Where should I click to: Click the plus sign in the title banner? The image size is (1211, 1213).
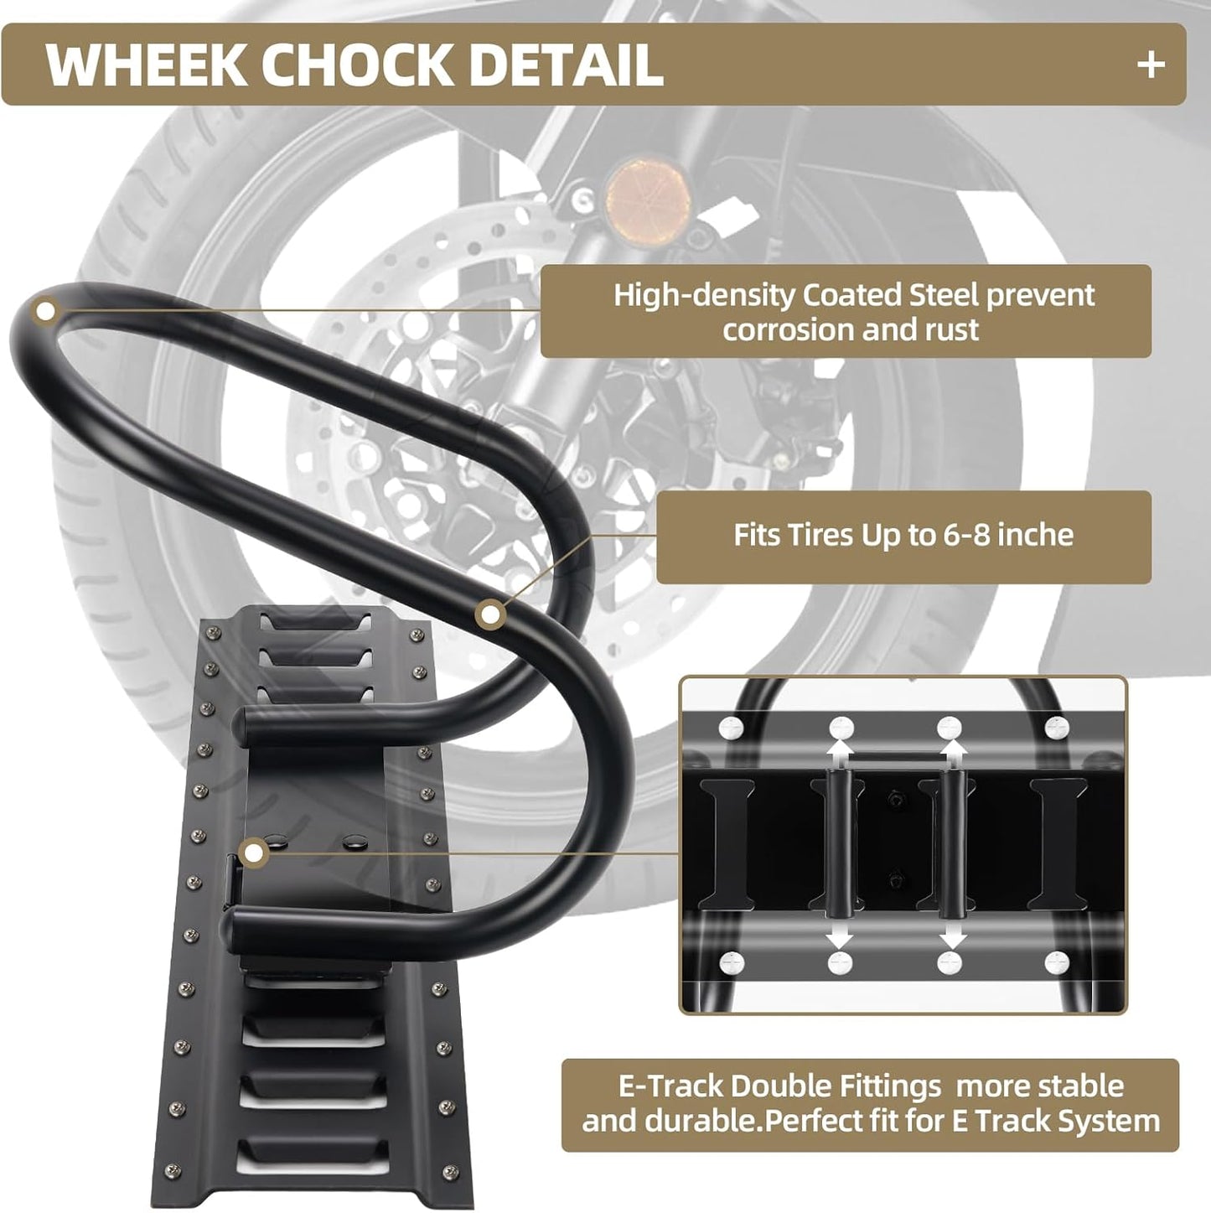click(1151, 65)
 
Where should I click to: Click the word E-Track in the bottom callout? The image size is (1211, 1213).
click(670, 1086)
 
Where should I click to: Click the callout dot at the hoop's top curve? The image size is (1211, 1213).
click(46, 312)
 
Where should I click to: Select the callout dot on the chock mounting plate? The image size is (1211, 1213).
click(252, 854)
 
